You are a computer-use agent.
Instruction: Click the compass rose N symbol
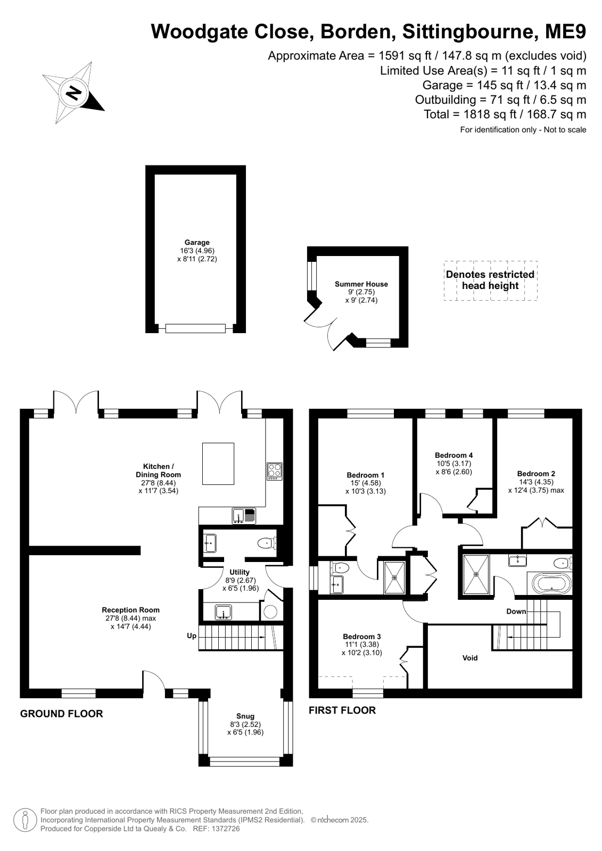(x=74, y=93)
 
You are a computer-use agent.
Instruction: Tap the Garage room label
(x=197, y=242)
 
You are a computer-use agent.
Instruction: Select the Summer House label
(x=361, y=284)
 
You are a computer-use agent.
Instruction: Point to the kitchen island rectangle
(x=218, y=464)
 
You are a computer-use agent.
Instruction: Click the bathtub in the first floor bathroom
(x=551, y=584)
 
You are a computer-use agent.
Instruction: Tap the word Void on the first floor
(x=470, y=658)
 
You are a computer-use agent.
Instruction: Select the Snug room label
(x=245, y=716)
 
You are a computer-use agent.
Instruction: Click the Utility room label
(x=240, y=572)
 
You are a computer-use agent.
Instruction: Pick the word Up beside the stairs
(x=192, y=635)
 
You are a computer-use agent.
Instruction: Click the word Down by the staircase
(x=516, y=612)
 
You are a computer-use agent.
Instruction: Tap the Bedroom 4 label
(x=454, y=455)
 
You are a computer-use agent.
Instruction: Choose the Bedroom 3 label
(x=362, y=637)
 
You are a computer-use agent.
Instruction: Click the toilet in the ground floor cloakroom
(x=267, y=544)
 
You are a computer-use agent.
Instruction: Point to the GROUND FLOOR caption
(x=62, y=714)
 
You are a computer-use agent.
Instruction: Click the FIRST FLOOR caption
(x=342, y=710)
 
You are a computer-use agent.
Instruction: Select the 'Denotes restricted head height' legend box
(x=490, y=280)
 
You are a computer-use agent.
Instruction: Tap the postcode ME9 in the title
(x=565, y=31)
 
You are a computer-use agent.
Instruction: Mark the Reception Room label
(x=131, y=610)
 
